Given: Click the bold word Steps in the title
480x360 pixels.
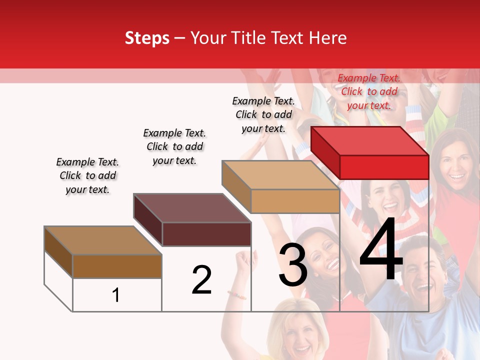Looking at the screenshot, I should click(147, 38).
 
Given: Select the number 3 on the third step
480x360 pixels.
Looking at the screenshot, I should click(292, 265).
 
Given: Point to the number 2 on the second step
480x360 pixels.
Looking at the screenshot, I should click(201, 280).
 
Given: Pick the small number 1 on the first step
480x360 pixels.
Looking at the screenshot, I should click(116, 295).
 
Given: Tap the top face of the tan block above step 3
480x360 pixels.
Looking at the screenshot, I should click(280, 174).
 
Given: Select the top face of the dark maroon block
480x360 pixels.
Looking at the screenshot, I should click(192, 207).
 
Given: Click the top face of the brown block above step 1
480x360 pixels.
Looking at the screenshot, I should click(103, 240).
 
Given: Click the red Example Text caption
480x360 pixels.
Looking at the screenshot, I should click(369, 91).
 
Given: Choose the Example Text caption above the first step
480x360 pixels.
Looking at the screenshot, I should click(87, 175).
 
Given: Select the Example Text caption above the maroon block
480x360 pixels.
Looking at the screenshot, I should click(174, 146).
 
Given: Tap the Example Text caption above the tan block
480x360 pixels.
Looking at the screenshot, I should click(263, 114).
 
